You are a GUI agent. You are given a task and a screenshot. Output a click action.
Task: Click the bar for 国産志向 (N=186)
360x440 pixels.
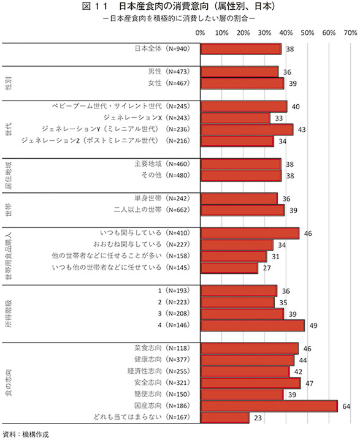[269, 406]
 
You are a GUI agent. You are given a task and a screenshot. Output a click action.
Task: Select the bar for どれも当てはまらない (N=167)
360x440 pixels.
[225, 417]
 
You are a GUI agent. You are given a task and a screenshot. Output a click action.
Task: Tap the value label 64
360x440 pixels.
[347, 406]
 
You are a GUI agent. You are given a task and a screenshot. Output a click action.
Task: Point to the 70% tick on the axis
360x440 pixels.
[351, 33]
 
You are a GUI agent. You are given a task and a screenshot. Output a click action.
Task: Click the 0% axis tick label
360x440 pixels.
[200, 33]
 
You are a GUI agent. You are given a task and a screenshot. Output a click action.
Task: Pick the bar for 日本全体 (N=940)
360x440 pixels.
[241, 49]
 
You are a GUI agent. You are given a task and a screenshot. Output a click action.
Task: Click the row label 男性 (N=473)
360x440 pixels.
[169, 72]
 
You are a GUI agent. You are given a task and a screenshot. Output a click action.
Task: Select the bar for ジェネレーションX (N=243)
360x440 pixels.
[236, 118]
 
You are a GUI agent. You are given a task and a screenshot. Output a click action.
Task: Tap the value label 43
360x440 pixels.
[302, 130]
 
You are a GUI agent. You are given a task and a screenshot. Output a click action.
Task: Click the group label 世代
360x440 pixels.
[9, 129]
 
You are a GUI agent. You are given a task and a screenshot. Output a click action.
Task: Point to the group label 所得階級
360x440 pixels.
[9, 314]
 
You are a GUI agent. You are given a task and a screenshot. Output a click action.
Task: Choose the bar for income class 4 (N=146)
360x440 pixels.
[253, 325]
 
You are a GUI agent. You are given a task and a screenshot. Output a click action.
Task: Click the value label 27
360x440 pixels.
[267, 268]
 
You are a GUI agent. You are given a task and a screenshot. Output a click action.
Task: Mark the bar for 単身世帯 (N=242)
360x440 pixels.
[239, 199]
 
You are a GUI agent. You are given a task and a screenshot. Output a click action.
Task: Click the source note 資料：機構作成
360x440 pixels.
[26, 434]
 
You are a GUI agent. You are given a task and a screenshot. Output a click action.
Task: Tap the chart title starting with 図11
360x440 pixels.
[178, 7]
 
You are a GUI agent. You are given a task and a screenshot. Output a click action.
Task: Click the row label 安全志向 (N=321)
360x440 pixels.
[162, 383]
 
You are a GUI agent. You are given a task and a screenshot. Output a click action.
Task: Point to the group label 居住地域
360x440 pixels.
[9, 175]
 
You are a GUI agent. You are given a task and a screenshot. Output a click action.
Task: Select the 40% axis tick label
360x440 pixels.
[286, 33]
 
